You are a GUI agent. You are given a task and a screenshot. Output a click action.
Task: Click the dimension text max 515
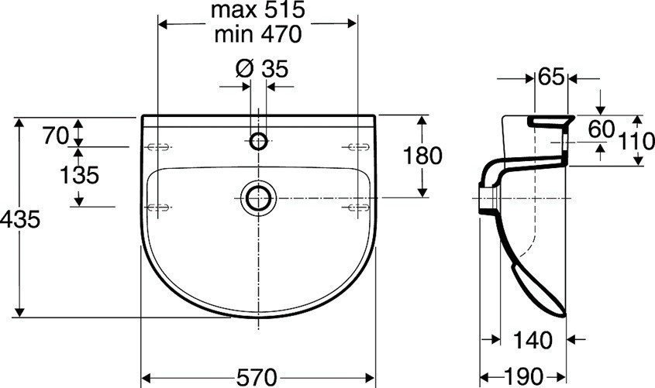tap(258, 11)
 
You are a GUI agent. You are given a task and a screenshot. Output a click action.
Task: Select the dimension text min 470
tap(258, 34)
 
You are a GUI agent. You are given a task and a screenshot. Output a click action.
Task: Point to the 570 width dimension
tap(257, 377)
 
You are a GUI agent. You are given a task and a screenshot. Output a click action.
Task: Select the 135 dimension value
tap(80, 175)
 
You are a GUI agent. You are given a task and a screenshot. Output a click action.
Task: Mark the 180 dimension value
tap(422, 156)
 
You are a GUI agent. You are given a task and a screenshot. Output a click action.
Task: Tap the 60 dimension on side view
tap(601, 129)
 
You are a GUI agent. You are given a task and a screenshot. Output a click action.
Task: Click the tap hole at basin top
tap(259, 141)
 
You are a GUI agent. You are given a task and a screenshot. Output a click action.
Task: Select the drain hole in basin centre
tap(257, 197)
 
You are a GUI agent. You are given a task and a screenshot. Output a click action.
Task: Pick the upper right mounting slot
tap(357, 146)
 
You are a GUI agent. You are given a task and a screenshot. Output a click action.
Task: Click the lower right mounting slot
tap(357, 205)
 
